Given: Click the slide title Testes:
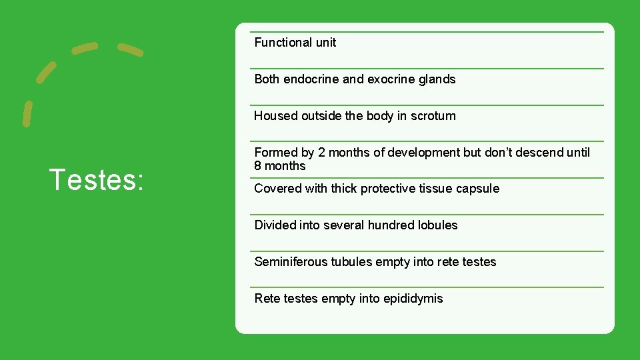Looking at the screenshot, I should pos(97,180).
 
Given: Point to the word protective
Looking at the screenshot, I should pos(387,189).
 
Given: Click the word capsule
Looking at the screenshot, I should pos(477,189).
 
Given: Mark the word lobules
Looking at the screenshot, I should pos(437,225).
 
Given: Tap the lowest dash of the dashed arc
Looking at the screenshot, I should pos(27,113).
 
